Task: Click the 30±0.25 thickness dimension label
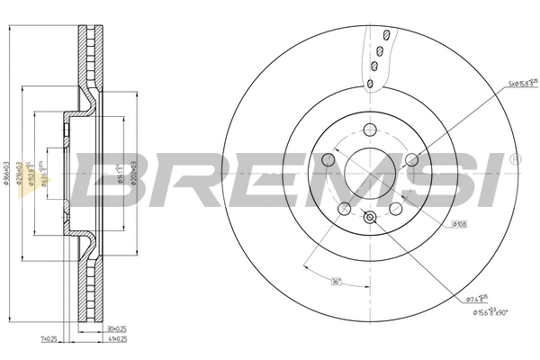click(118, 329)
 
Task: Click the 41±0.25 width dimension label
click(118, 338)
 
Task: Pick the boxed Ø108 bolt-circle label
click(459, 223)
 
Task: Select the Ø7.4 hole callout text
click(478, 297)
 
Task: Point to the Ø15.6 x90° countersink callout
click(490, 312)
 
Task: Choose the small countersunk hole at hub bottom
click(370, 217)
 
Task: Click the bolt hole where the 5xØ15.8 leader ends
click(412, 160)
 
